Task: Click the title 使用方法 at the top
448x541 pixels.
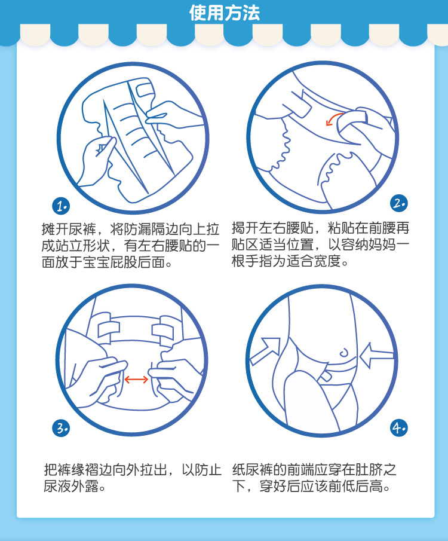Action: (224, 13)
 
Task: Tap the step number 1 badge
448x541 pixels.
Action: (61, 206)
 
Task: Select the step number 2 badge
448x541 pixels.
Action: (399, 203)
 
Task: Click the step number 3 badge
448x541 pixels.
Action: (61, 428)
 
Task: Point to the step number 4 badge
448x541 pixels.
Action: (399, 428)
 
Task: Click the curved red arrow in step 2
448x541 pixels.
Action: (332, 118)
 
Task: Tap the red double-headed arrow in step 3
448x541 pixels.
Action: (136, 380)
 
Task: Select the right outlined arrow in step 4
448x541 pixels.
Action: (376, 356)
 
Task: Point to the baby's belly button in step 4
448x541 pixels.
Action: (344, 352)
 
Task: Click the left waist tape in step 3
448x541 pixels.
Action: (108, 329)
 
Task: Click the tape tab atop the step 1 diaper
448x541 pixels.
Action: (145, 90)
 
